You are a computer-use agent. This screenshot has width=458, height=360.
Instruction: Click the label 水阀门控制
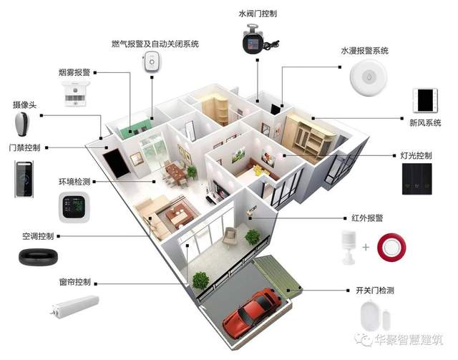(258, 13)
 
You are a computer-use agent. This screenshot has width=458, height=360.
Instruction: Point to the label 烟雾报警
(74, 72)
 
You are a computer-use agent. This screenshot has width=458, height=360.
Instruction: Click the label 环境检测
(74, 183)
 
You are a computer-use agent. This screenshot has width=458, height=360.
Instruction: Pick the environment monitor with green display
(73, 208)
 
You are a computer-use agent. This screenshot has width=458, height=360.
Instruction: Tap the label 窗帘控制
(74, 281)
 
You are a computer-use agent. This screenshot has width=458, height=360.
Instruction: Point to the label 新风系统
(425, 123)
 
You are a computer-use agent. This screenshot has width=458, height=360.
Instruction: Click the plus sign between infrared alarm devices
(366, 247)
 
